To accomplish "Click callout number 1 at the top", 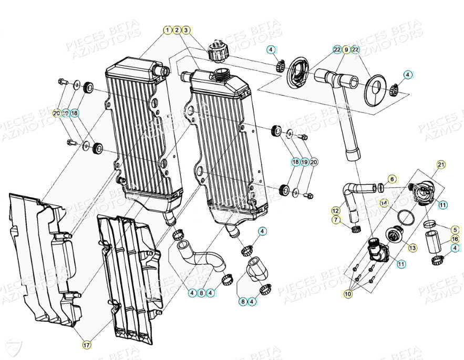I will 167,30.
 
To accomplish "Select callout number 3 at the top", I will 186,30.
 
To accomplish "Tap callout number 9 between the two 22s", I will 346,49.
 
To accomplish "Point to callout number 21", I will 440,165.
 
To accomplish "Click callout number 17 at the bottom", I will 86,345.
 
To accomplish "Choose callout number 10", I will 347,294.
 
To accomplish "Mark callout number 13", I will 413,247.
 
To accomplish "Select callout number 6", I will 392,179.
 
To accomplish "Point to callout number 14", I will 384,202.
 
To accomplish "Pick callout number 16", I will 455,239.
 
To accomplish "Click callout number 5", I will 455,230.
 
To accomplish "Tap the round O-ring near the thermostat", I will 406,216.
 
